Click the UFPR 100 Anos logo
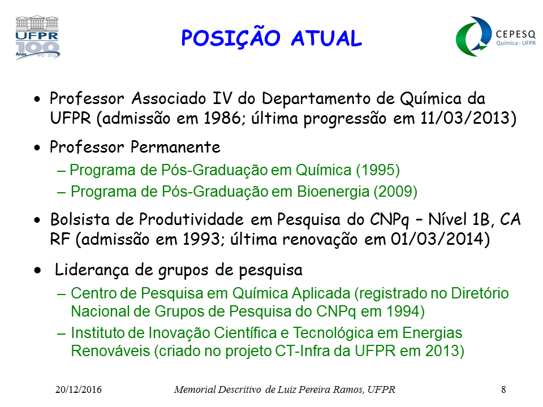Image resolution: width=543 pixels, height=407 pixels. click(x=37, y=37)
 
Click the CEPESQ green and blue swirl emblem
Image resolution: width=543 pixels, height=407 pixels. click(x=473, y=36)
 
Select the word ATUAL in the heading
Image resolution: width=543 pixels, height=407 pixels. click(x=326, y=38)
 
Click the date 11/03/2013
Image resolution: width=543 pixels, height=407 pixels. click(x=465, y=118)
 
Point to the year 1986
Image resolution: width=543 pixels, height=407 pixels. click(x=222, y=118)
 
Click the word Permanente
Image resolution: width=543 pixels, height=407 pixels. click(x=175, y=147)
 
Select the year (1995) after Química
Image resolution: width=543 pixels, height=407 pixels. click(x=378, y=170)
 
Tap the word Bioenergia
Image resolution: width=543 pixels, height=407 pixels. click(x=333, y=192)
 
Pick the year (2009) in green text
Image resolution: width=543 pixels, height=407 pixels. click(x=395, y=192)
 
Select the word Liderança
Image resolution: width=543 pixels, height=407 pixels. click(x=92, y=270)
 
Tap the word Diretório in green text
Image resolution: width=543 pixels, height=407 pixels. click(x=480, y=293)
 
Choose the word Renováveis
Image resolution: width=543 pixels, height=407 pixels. click(x=110, y=351)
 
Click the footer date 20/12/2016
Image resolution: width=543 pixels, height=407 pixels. click(x=79, y=389)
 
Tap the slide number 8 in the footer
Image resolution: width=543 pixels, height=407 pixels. click(x=503, y=389)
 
